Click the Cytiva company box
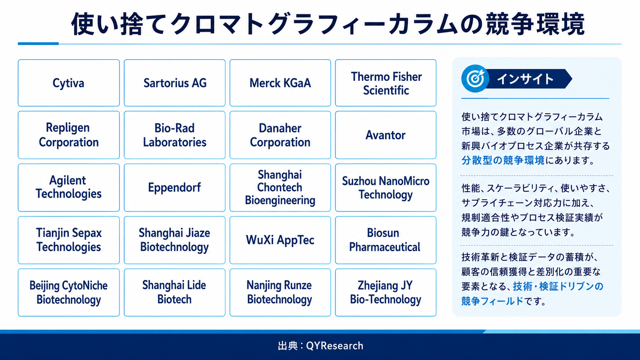[69, 83]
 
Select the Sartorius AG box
[175, 83]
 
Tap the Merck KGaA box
[280, 83]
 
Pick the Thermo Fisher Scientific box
[386, 83]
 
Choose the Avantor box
[386, 135]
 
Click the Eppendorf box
[175, 187]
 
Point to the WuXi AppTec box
[280, 240]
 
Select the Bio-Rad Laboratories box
[175, 135]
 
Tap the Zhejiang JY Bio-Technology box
[386, 292]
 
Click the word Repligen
[68, 128]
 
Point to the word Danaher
[280, 128]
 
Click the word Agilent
[67, 181]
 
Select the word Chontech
[279, 187]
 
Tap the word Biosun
[383, 233]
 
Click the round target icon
[475, 78]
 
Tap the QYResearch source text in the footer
[335, 346]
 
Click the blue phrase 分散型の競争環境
[503, 160]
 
